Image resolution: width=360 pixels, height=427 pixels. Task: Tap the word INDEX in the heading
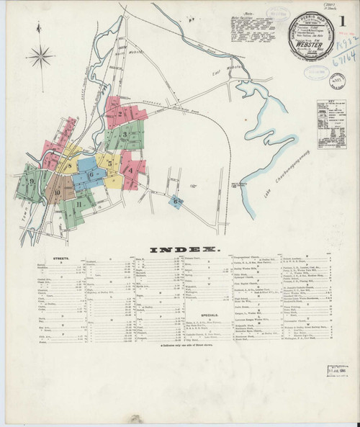pyautogui.click(x=184, y=249)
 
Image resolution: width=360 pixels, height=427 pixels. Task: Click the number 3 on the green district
pyautogui.click(x=125, y=134)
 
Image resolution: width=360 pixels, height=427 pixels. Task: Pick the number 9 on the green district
pyautogui.click(x=32, y=181)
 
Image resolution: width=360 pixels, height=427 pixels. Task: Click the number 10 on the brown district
pyautogui.click(x=56, y=193)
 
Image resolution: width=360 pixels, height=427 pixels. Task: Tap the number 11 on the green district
pyautogui.click(x=77, y=204)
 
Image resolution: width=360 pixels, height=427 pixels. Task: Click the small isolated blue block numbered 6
pyautogui.click(x=176, y=202)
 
